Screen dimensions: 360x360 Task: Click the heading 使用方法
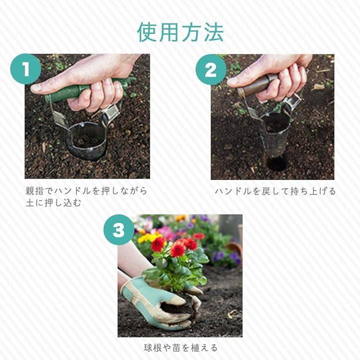point(180,32)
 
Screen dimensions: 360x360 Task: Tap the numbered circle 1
point(25,69)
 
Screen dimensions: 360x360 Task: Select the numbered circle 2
point(211,70)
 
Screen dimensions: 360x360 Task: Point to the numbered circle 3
point(119,230)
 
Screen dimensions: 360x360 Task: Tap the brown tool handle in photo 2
point(255,85)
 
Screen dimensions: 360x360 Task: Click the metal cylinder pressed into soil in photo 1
point(86,140)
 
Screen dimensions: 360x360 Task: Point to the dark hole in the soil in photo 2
point(277,163)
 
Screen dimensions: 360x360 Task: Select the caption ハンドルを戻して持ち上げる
point(275,191)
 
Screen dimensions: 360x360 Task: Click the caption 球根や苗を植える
point(180,347)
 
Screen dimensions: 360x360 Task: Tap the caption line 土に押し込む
point(53,202)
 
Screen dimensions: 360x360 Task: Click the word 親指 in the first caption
point(34,191)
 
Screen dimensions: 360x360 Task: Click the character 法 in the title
point(214,32)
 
